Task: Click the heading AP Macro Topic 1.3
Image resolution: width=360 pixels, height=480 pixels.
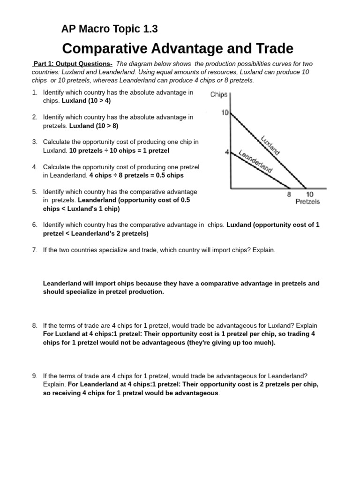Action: pyautogui.click(x=109, y=29)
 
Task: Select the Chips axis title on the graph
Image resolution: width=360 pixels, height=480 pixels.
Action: pyautogui.click(x=219, y=95)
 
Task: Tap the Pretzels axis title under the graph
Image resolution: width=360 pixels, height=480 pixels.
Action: pyautogui.click(x=307, y=202)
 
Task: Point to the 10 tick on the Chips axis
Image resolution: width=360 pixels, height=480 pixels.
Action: pyautogui.click(x=224, y=113)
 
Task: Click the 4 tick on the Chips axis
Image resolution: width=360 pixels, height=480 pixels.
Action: pyautogui.click(x=227, y=152)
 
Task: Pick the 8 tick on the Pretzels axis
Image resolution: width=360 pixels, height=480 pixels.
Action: pyautogui.click(x=288, y=194)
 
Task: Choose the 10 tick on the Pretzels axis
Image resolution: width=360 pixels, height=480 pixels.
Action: pyautogui.click(x=309, y=194)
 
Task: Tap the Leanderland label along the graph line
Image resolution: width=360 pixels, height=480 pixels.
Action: pyautogui.click(x=255, y=161)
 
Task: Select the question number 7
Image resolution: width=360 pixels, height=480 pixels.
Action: pyautogui.click(x=35, y=250)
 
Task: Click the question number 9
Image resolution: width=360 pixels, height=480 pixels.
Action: pyautogui.click(x=35, y=376)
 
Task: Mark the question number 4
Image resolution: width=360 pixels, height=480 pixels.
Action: pyautogui.click(x=35, y=167)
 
